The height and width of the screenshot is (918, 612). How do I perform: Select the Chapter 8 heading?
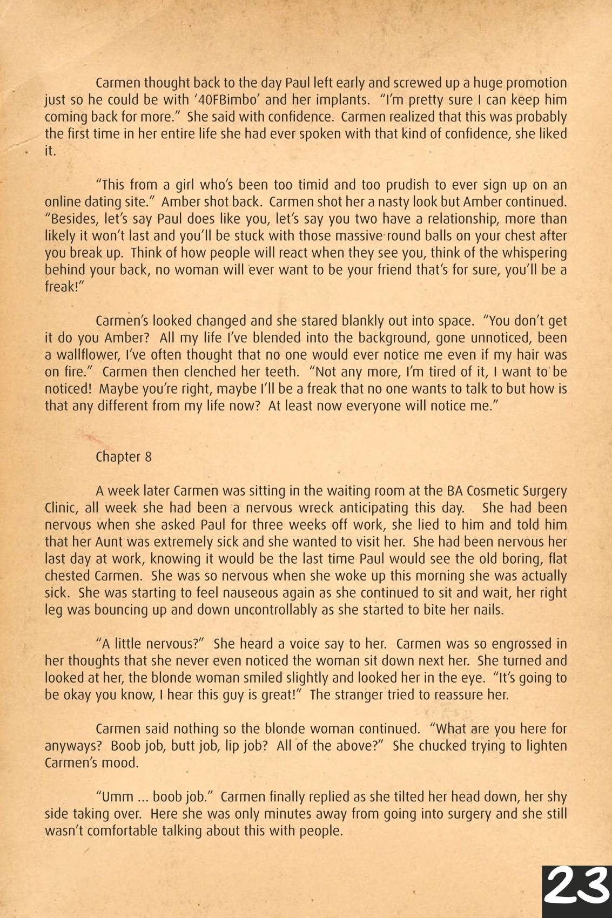coord(124,457)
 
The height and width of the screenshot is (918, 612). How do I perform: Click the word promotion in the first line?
coord(532,83)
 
